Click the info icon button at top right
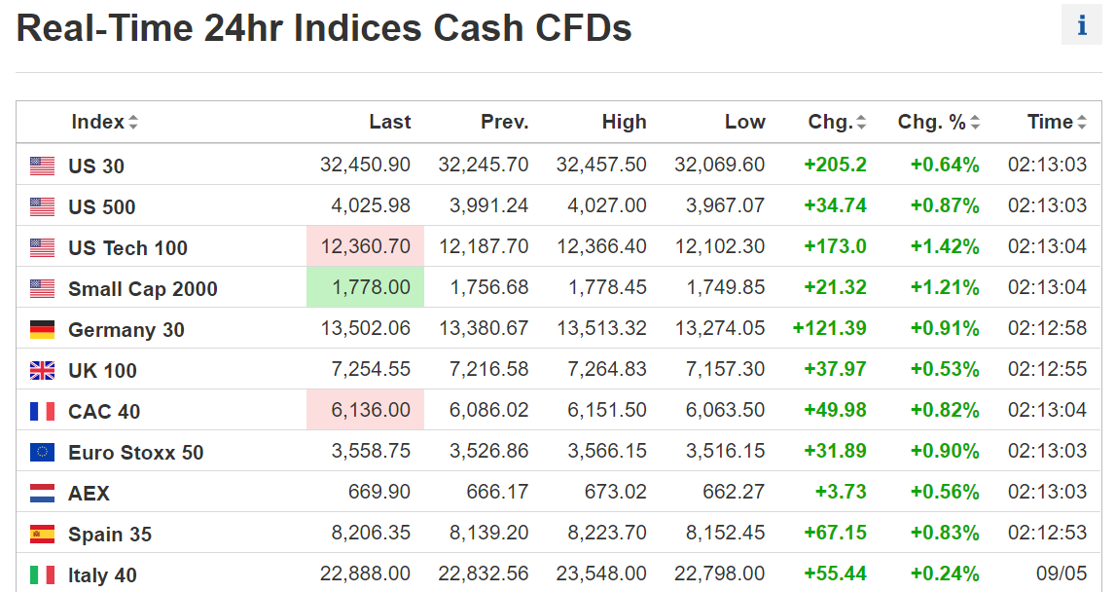(x=1082, y=25)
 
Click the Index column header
(x=97, y=122)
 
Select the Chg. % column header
(x=931, y=122)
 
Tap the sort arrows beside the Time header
(x=1081, y=123)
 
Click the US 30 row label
(x=96, y=166)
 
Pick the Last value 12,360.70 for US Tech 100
(x=365, y=246)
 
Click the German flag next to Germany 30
(x=42, y=330)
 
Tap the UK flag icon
(x=42, y=371)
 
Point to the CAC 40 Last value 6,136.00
(x=370, y=411)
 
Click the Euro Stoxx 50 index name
(x=135, y=453)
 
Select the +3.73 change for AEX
(x=844, y=493)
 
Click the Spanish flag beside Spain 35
(x=42, y=534)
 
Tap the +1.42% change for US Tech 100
(x=944, y=246)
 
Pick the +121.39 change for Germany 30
(x=830, y=329)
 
